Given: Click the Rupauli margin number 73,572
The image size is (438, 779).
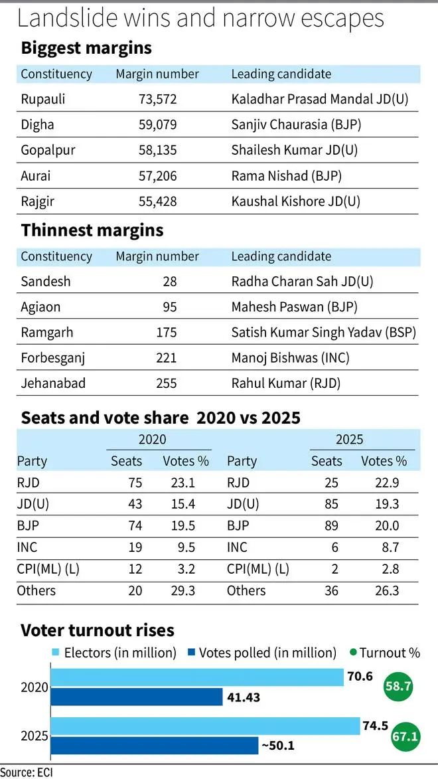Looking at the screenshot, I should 157,99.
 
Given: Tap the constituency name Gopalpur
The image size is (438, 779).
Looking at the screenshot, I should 46,149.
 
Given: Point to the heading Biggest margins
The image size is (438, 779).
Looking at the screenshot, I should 86,48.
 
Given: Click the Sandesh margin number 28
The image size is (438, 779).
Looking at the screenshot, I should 169,281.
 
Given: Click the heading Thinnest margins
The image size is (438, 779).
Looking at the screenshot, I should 92,230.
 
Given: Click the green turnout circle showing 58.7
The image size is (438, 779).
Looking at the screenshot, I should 398,688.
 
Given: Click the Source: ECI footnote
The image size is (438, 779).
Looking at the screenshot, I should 27,771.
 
